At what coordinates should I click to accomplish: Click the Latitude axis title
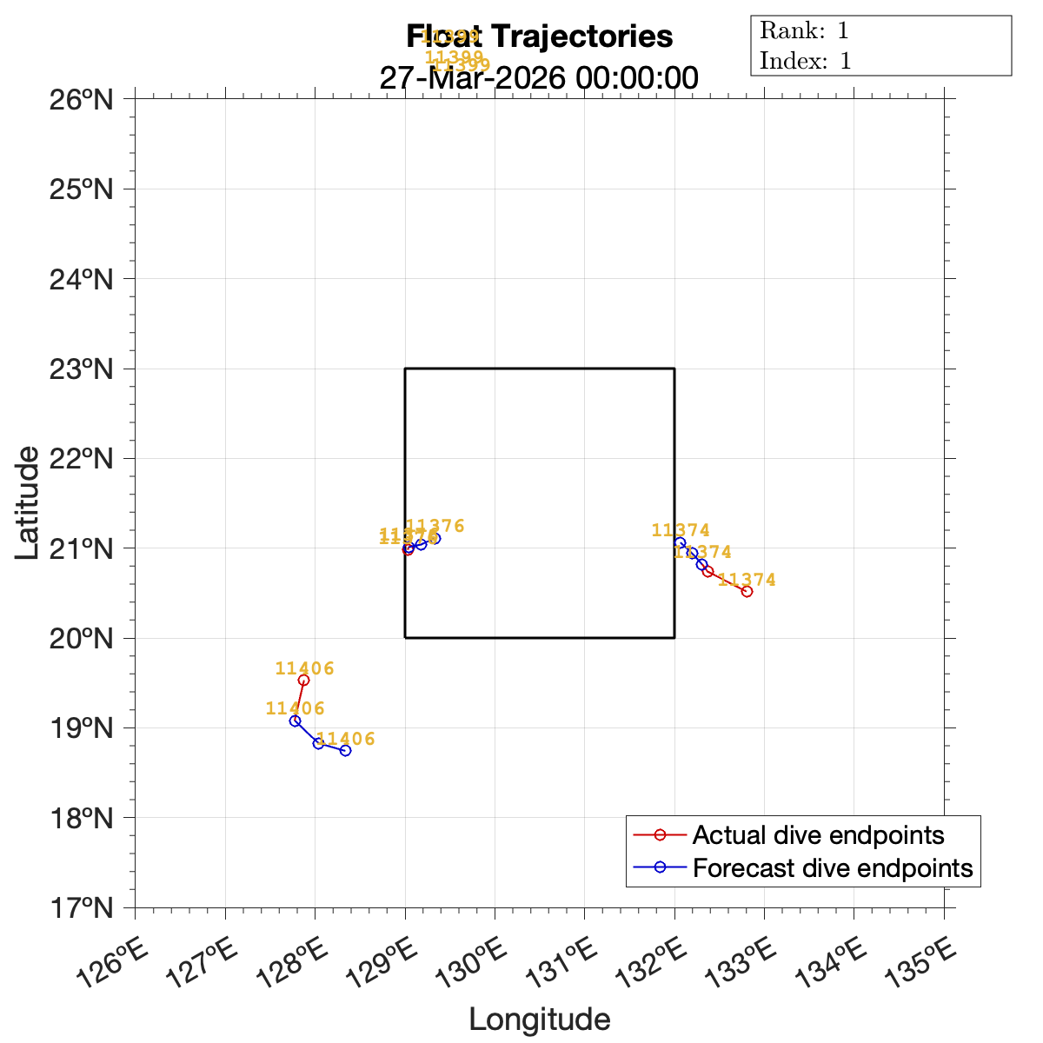point(28,502)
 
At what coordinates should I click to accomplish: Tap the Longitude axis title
point(540,1020)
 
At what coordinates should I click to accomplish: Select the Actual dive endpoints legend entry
point(818,835)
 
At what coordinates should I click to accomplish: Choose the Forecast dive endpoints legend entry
point(832,867)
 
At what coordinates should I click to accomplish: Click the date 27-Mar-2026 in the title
point(461,78)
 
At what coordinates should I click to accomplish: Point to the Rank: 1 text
point(804,31)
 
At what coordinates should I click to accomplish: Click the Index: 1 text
point(806,61)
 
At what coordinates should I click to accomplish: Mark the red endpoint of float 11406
point(303,680)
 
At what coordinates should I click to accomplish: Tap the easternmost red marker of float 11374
point(747,591)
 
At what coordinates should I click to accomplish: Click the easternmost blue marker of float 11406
point(345,750)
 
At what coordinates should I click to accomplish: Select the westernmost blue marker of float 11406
point(295,721)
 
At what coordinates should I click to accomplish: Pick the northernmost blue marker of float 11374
point(680,542)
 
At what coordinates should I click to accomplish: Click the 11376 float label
point(435,526)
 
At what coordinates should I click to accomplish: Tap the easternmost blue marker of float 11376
point(435,538)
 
